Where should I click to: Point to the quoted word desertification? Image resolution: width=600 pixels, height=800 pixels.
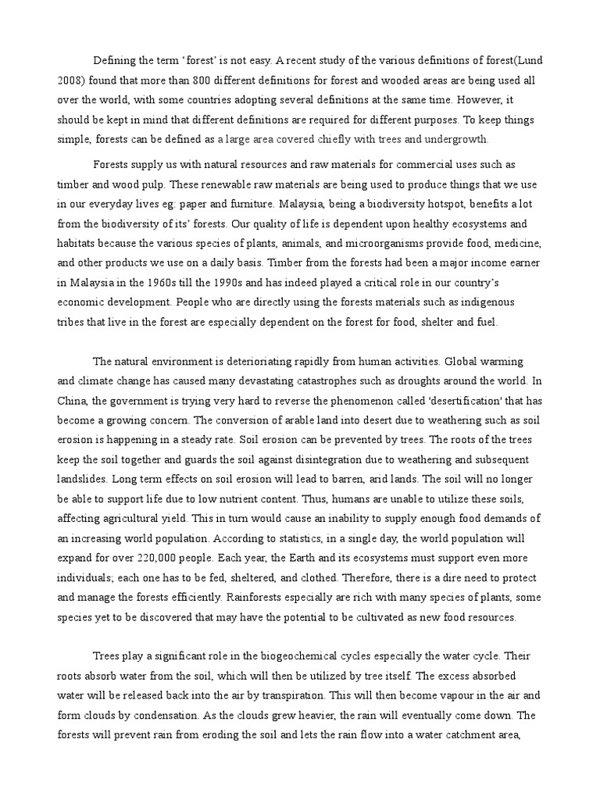pyautogui.click(x=427, y=402)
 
